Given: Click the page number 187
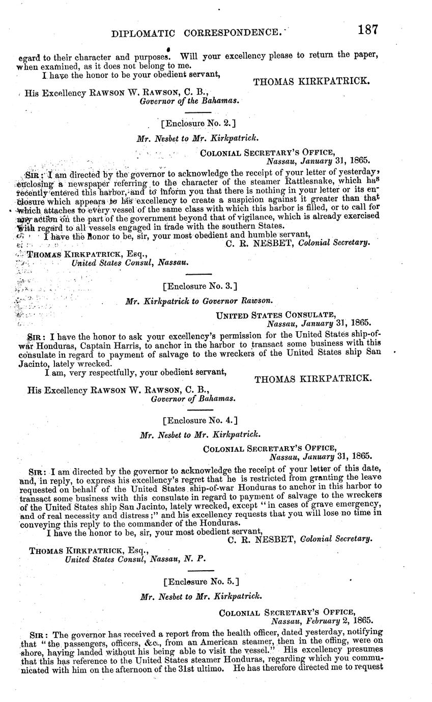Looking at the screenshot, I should [367, 30].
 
